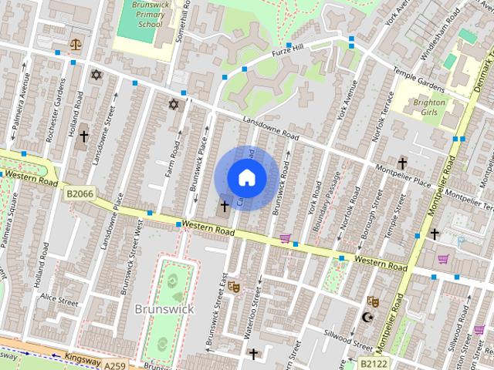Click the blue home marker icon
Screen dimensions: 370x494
point(246,178)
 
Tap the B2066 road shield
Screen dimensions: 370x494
point(80,194)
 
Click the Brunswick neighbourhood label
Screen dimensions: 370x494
point(164,308)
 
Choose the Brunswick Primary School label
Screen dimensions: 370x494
point(140,14)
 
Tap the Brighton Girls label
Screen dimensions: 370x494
point(429,107)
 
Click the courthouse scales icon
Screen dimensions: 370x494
point(76,45)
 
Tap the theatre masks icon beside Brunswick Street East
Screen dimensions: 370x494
point(233,287)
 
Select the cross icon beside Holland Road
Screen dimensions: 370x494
point(83,136)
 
